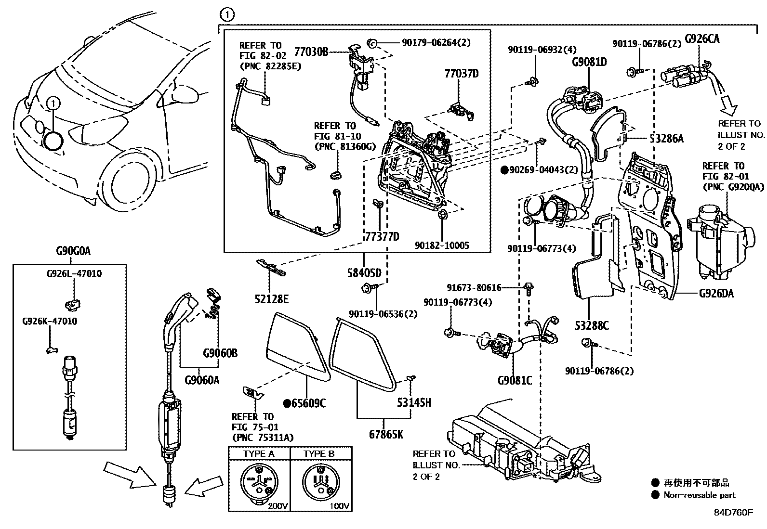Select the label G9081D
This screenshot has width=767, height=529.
pos(589,62)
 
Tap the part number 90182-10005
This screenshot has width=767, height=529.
pos(442,245)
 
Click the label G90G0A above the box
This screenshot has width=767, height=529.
pos(73,251)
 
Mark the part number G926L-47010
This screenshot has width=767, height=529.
pos(74,273)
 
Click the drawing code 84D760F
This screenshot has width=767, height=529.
pos(733,512)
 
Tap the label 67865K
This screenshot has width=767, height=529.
pos(386,434)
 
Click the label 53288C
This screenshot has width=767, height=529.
pos(591,326)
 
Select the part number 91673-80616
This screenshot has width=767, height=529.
pos(474,288)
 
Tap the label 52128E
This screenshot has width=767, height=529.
pos(272,299)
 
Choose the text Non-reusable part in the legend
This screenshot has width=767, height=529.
pos(699,495)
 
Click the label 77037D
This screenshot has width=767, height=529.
pos(462,74)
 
